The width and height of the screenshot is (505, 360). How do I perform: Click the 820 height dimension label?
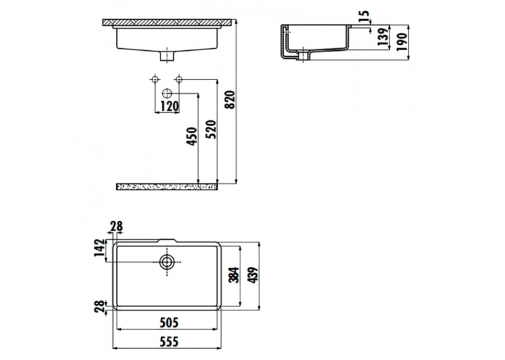coord(230,100)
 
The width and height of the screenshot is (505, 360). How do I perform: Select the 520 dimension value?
coord(211,129)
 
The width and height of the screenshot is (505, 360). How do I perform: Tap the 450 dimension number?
coord(192,136)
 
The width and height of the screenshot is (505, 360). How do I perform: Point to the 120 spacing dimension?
coord(170,106)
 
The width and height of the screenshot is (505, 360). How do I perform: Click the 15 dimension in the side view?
coord(363,16)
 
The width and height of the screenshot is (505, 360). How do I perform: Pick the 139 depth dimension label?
coord(382,37)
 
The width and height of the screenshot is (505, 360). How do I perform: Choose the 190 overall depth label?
coord(401,42)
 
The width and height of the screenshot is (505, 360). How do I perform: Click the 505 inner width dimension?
coord(169,322)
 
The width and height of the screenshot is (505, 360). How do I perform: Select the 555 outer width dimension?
coord(169,342)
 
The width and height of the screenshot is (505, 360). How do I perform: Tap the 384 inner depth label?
coord(234,275)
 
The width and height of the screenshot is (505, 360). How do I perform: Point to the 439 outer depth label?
coord(253,275)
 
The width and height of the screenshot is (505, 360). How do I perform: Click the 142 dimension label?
coord(100,248)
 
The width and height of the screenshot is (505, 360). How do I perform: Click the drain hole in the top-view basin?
coord(167,262)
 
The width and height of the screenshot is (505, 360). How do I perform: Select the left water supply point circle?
coord(155,79)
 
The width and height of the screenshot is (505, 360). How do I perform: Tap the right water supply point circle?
coord(180,79)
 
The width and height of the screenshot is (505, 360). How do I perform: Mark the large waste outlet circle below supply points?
coord(167,93)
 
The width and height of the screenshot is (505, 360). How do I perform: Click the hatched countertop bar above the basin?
coord(167,22)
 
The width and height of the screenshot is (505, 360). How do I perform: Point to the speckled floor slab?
coord(167,187)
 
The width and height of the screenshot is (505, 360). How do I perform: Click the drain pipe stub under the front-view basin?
coord(167,55)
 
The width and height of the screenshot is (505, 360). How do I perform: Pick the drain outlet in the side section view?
coord(304,55)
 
